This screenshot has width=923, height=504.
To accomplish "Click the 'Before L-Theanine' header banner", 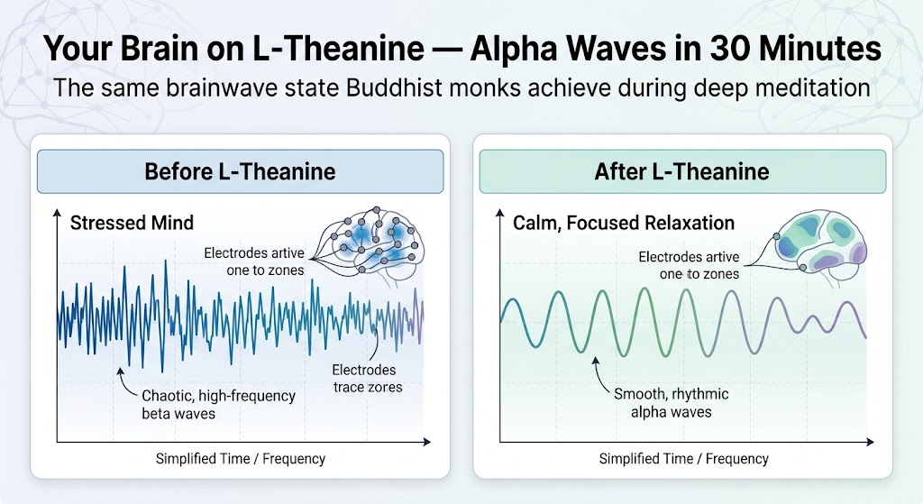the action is [x=240, y=171].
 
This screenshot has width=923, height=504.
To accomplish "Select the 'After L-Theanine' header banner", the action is [x=682, y=171].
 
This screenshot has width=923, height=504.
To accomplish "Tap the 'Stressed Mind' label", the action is [x=132, y=223].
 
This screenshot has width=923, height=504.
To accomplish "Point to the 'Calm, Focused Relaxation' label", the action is [x=624, y=223].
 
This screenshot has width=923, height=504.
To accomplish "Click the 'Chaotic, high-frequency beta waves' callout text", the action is [x=218, y=405].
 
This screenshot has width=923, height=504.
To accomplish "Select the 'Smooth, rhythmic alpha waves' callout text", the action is [x=671, y=403].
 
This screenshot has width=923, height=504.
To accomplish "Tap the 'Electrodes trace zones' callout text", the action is [x=368, y=378].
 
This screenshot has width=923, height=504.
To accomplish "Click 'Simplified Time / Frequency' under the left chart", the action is [x=240, y=459].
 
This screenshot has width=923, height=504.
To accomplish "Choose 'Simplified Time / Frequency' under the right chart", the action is [x=683, y=459].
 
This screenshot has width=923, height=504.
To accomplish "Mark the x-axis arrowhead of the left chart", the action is [x=426, y=442].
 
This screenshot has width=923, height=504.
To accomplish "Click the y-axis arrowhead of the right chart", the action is [x=499, y=213].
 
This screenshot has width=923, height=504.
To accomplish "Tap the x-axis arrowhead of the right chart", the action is [x=870, y=442].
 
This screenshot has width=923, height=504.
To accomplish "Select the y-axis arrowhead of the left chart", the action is [x=57, y=213].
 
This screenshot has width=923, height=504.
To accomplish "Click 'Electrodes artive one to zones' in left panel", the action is [x=254, y=261].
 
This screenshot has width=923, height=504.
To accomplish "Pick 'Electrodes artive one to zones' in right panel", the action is [x=689, y=266].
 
